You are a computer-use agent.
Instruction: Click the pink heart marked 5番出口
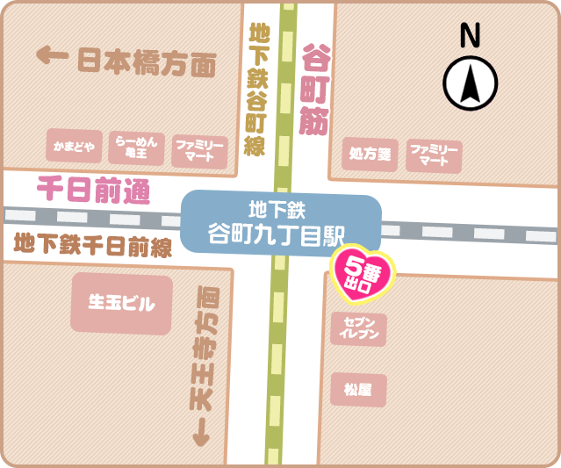pos(363,271)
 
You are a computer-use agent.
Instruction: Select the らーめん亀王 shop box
pos(136,147)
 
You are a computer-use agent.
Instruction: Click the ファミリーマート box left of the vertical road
pos(200,149)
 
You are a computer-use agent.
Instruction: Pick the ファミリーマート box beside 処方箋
pos(434,155)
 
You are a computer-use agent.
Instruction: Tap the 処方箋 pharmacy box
pos(370,155)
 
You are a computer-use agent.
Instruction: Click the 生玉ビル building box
pos(121,304)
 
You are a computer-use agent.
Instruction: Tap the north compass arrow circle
pos(471,85)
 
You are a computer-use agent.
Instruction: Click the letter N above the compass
pos(471,36)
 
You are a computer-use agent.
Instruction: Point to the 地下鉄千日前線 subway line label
pos(93,243)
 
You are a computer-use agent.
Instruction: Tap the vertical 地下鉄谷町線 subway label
pos(255,91)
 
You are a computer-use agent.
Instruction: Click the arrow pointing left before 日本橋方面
pos(53,57)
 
